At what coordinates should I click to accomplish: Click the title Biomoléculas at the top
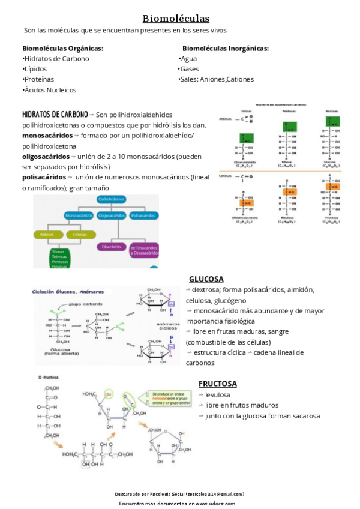pos(176,19)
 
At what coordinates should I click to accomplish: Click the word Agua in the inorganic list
pos(188,59)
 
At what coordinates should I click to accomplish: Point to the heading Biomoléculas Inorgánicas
pos(225,48)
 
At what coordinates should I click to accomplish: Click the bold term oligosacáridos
pos(46,157)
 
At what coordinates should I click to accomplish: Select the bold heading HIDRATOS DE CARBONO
pos(55,114)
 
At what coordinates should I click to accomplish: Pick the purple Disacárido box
pos(112,247)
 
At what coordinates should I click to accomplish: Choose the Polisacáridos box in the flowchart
pos(143,215)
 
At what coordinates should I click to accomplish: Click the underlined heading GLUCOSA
pos(206,279)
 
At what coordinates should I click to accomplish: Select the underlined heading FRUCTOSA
pos(217,384)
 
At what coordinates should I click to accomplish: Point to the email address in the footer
pos(215,493)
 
